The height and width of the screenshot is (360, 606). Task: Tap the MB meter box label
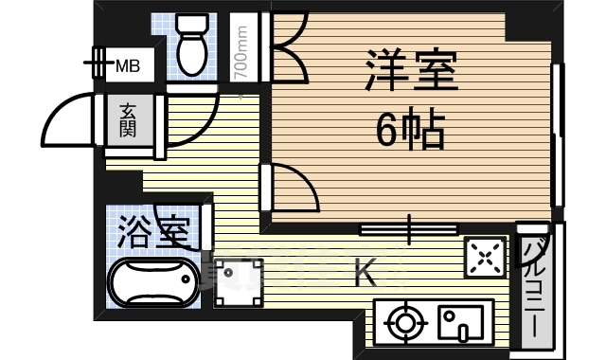[127, 66]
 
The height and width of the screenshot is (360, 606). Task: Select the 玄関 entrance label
[127, 120]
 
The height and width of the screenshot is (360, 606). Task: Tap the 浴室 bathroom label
[153, 230]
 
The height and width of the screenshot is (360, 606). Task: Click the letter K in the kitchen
[365, 275]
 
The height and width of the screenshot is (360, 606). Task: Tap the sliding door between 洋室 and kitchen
[409, 228]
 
